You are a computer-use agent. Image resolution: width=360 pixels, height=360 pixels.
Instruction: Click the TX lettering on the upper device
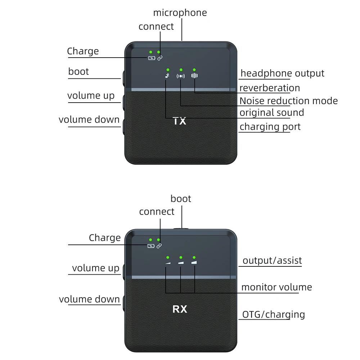tap(179, 121)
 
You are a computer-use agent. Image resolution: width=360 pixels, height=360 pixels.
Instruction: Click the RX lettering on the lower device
tap(180, 309)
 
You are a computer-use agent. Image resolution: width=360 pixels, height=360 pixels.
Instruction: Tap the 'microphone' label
tap(180, 13)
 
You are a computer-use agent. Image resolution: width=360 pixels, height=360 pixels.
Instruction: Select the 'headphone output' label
tap(282, 73)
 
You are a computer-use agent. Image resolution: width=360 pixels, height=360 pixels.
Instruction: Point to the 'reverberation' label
tap(270, 88)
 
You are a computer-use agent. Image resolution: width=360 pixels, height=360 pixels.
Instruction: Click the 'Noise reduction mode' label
tap(289, 101)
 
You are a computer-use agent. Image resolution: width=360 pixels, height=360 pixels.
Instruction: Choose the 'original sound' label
tap(272, 113)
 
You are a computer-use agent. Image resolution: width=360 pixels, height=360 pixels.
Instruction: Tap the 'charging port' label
tap(270, 127)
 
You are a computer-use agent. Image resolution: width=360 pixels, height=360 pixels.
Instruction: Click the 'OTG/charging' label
tap(274, 315)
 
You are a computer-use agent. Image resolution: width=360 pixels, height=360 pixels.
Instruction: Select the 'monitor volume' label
tap(276, 287)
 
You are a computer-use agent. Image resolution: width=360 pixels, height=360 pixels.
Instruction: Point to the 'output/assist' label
tap(272, 261)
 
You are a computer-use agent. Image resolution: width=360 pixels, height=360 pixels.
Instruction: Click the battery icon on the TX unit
tap(152, 58)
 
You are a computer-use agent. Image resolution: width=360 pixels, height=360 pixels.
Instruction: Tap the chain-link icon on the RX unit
tap(159, 246)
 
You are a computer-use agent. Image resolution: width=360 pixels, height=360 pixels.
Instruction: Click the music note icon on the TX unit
tap(167, 76)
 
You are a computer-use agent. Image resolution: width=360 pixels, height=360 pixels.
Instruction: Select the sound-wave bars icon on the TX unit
tap(194, 76)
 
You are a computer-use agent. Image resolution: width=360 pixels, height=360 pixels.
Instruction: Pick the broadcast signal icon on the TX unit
tap(181, 76)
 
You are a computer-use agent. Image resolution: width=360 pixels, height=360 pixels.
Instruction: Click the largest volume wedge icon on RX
tap(194, 262)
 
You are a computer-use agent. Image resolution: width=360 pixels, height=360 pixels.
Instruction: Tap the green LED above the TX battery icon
tap(150, 52)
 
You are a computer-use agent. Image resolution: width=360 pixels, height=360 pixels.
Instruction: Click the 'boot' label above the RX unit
tap(181, 199)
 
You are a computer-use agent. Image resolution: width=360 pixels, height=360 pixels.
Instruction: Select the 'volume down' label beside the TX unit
tap(89, 120)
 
